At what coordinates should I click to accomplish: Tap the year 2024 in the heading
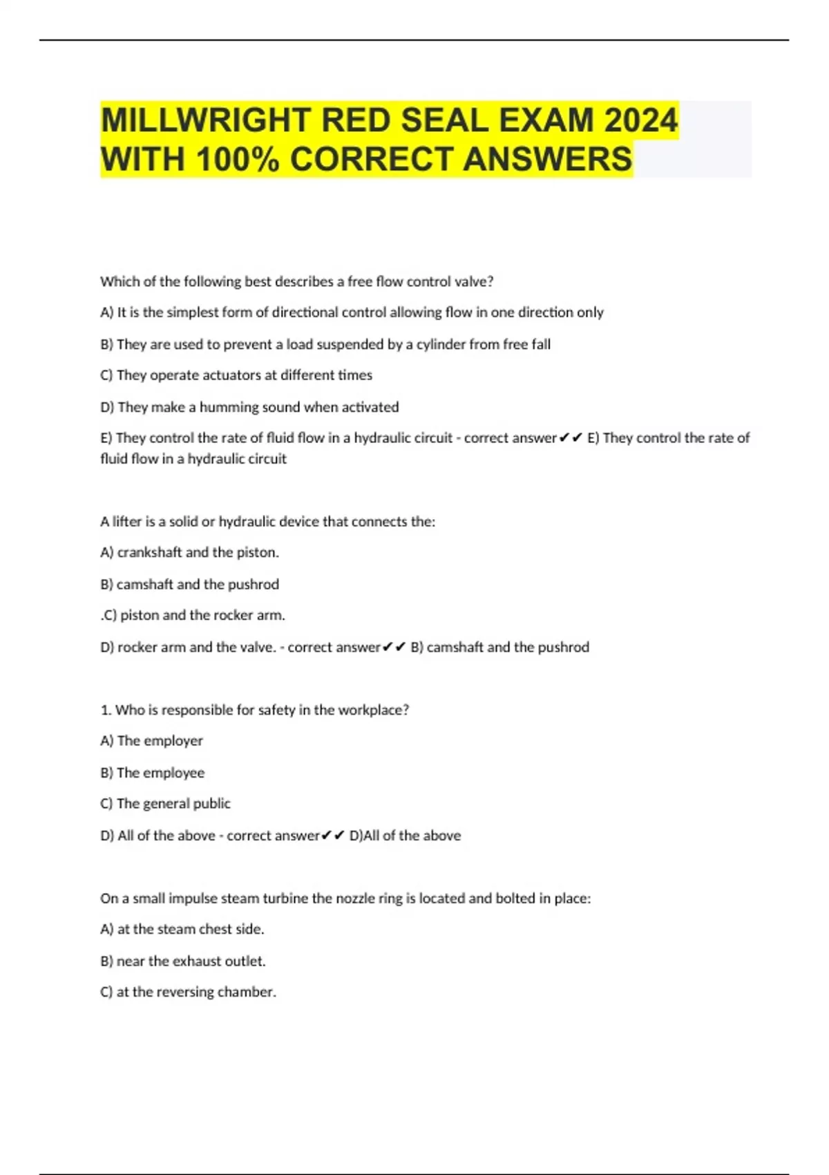click(640, 120)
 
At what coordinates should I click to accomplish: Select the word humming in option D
click(229, 407)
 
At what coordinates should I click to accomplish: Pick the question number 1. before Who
click(106, 710)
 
